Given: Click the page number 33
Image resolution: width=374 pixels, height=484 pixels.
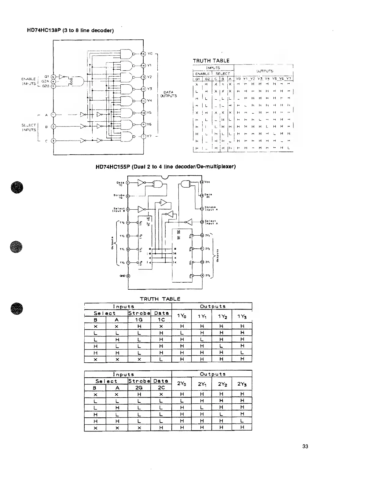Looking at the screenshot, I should point(305,446).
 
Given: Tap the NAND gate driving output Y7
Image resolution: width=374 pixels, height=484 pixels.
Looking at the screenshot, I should point(126,136).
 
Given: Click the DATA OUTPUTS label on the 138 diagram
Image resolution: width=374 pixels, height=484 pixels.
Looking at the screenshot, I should point(168,94).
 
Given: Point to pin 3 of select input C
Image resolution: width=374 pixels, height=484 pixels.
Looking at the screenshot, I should point(53,141).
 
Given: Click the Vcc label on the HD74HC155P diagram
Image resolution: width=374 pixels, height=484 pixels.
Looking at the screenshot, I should point(207,182).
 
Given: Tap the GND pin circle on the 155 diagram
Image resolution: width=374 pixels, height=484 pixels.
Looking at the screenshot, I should point(128,276).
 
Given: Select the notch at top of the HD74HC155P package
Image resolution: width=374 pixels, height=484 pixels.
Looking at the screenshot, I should point(165,177).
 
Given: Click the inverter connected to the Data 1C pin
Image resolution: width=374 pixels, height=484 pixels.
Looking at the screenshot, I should point(141,183).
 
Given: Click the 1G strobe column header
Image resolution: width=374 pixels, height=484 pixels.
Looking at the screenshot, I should point(139,320).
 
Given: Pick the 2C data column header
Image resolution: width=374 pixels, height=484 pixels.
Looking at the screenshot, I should point(161,387).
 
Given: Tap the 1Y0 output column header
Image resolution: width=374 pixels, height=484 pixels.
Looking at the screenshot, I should point(182,317).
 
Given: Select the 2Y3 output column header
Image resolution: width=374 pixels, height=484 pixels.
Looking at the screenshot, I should point(242,384).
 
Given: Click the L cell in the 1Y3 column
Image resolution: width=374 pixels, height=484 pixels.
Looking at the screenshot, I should point(242,352).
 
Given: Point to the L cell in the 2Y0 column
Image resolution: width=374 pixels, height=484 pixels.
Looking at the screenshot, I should point(182,401).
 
